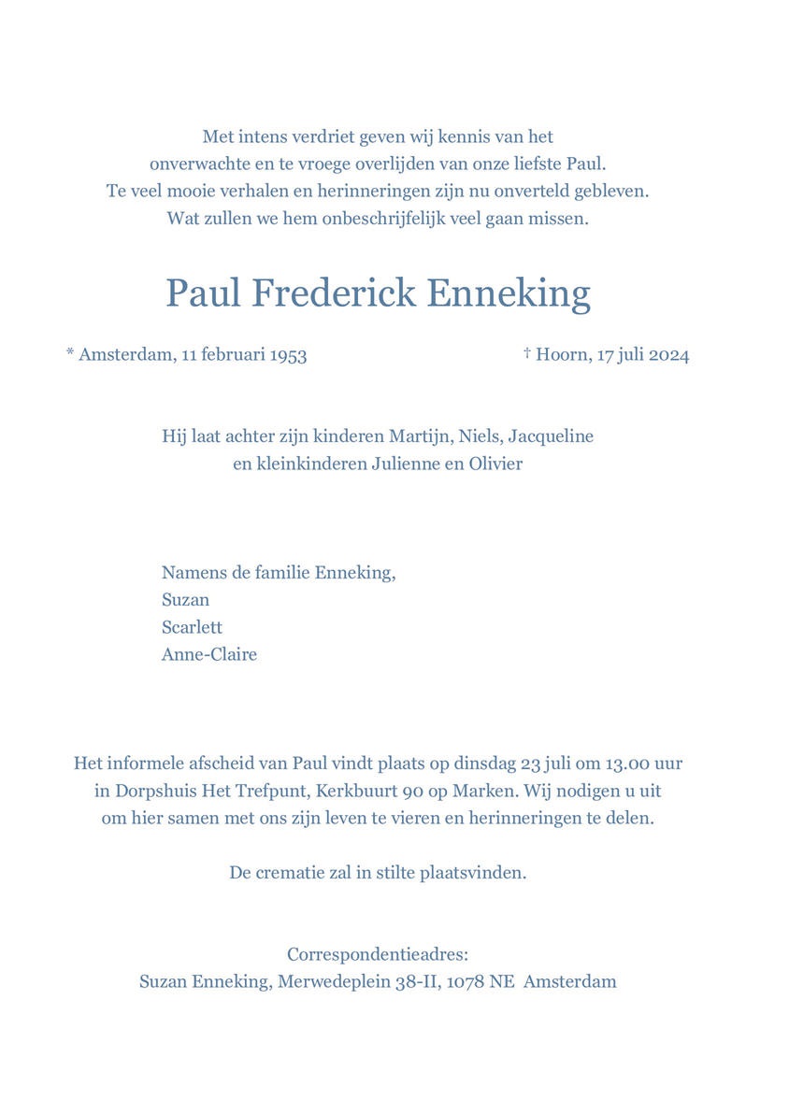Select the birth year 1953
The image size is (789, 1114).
click(x=288, y=355)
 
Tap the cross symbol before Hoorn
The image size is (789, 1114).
click(x=527, y=352)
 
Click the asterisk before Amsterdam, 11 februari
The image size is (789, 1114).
click(x=70, y=353)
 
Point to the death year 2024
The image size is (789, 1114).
click(x=668, y=355)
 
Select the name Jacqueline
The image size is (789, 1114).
click(x=551, y=436)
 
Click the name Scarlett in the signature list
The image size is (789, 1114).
click(x=192, y=627)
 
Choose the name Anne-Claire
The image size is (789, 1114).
click(x=208, y=654)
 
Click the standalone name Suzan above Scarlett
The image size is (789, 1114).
click(x=185, y=600)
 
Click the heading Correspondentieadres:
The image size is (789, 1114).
click(x=378, y=955)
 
